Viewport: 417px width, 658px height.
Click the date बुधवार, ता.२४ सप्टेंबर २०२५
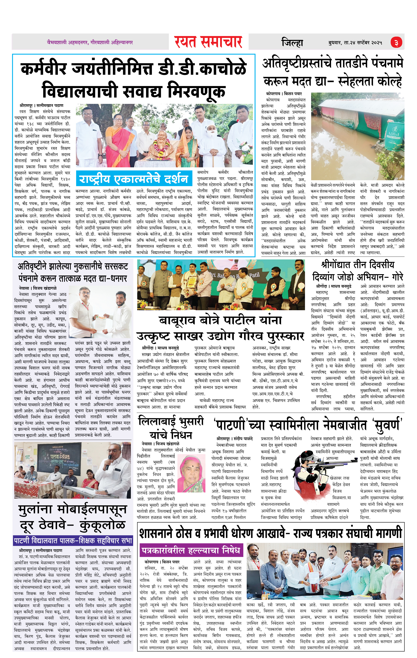point(355,43)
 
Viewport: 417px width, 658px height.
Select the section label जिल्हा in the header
point(292,43)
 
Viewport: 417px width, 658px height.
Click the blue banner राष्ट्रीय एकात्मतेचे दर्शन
point(133,179)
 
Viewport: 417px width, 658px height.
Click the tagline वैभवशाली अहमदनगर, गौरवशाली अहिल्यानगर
point(90,43)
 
